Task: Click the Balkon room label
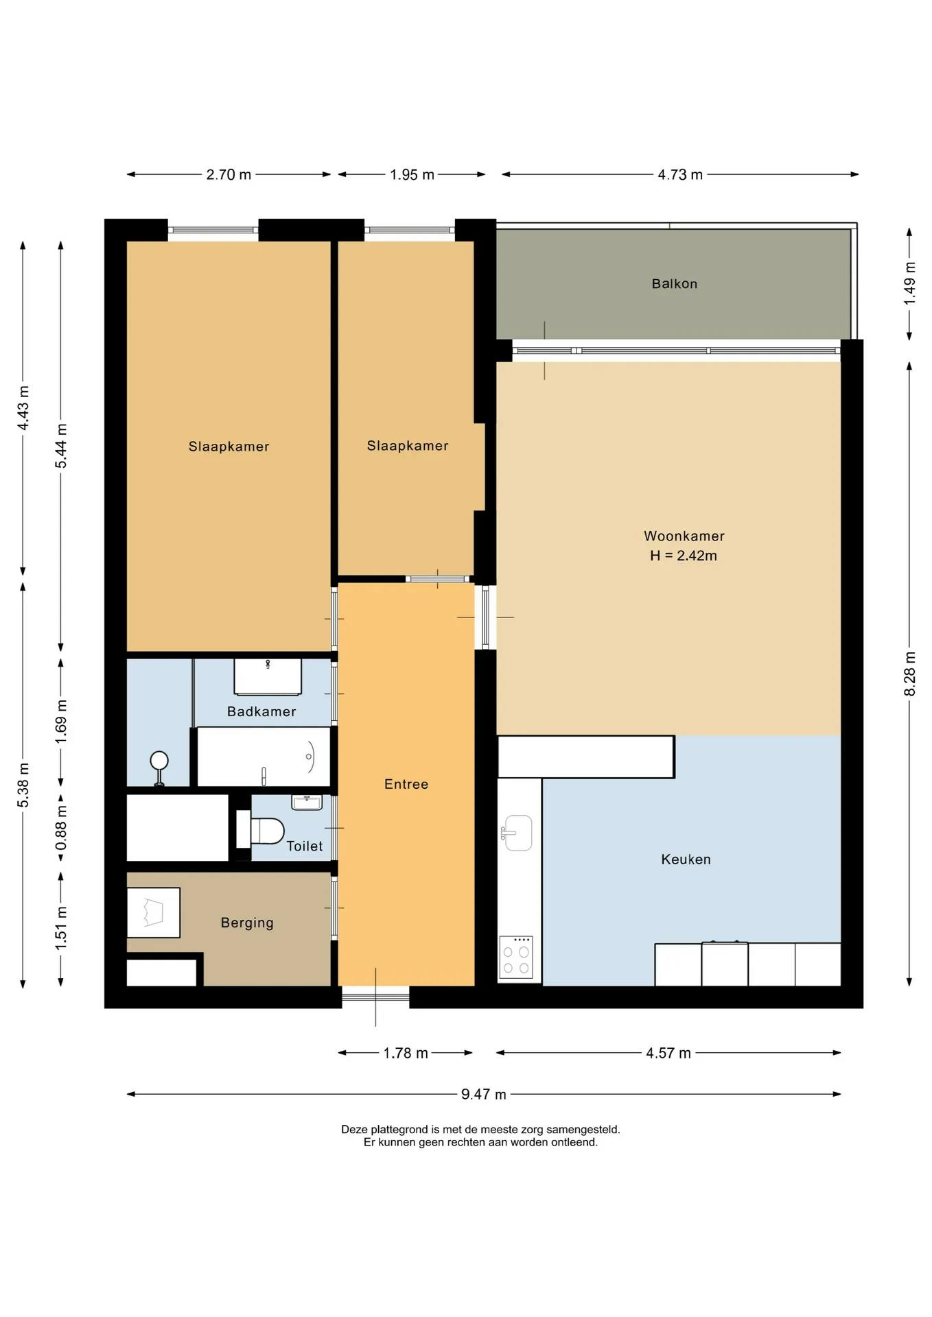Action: [674, 284]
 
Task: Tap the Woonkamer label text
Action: [684, 536]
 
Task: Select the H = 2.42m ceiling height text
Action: [683, 556]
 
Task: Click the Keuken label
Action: [686, 859]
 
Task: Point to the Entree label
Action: [406, 784]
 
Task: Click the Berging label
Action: [247, 923]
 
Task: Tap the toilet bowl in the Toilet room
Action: [268, 831]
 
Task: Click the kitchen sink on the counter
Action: [518, 833]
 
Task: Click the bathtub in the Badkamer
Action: [264, 757]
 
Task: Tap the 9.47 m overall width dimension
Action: [483, 1094]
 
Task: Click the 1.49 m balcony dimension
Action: [909, 283]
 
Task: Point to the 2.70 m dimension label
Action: [229, 175]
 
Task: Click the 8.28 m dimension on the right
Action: [909, 674]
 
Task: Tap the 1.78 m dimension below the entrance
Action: [405, 1053]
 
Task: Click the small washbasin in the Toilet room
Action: [307, 803]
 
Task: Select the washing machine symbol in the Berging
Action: [154, 913]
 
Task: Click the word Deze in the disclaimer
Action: [354, 1130]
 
